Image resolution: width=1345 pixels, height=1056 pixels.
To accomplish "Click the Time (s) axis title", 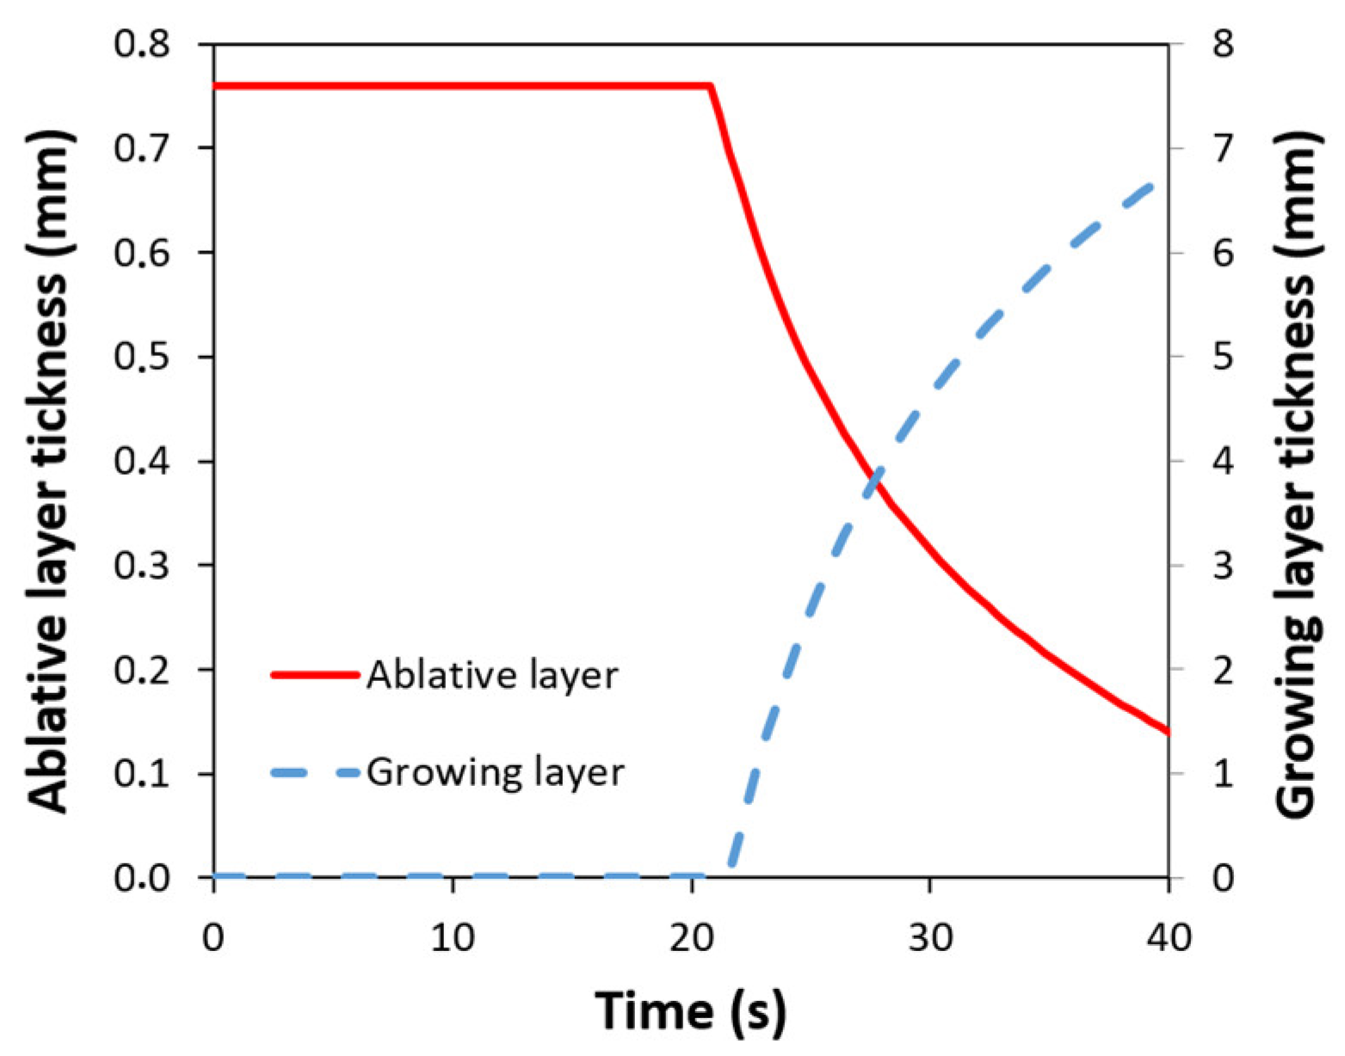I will click(691, 1010).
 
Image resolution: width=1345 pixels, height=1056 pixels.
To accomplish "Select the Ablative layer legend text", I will click(492, 676).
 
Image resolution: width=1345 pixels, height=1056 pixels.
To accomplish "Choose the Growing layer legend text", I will click(496, 772).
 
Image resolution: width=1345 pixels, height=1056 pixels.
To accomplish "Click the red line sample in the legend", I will click(314, 675).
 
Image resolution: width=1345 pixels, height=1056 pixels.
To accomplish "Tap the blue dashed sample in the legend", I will click(314, 773).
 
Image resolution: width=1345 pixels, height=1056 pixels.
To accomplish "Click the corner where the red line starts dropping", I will click(711, 86).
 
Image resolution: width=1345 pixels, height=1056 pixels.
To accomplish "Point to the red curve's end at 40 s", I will click(1168, 732).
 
